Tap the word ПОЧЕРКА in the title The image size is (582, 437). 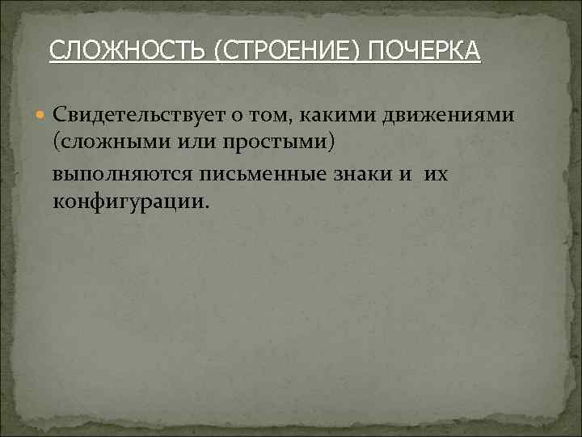424,52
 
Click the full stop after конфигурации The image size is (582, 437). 206,206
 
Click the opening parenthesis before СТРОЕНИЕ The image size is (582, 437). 219,52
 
